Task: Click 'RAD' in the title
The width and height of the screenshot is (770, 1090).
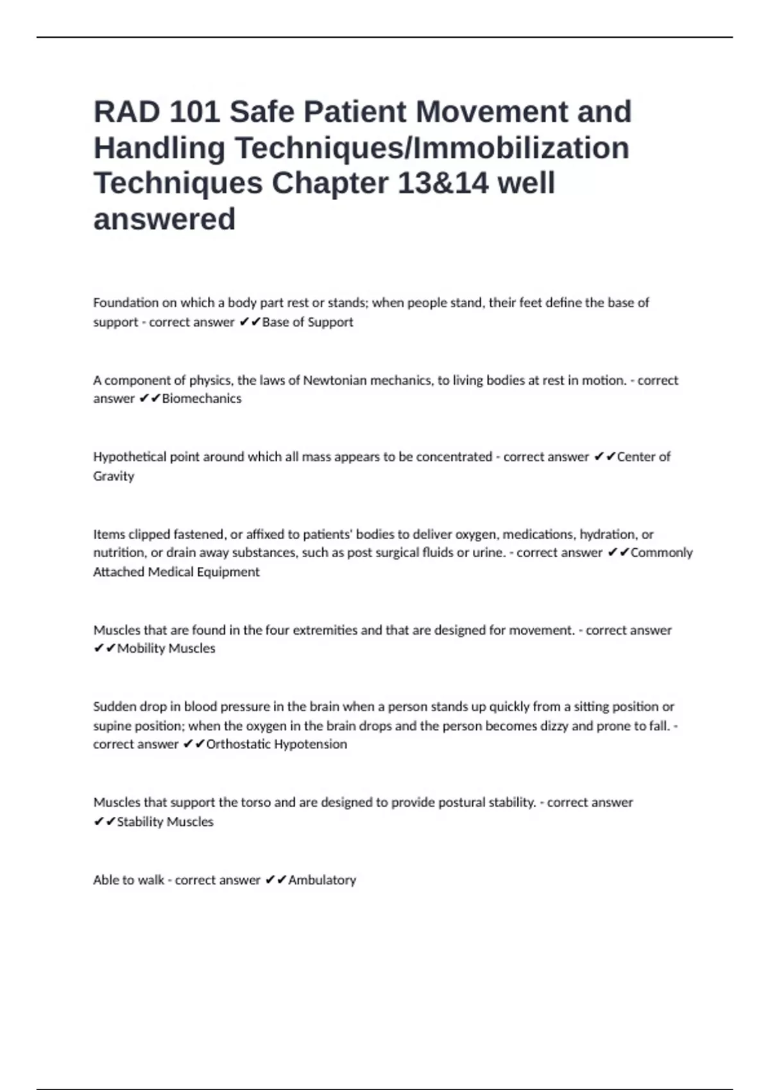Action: click(x=126, y=112)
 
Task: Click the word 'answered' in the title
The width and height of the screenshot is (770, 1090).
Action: click(x=164, y=219)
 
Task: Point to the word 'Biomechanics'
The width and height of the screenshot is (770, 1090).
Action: click(x=201, y=399)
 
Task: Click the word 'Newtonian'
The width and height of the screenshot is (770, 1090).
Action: click(x=334, y=380)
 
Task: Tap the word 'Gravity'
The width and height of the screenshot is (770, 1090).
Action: click(x=114, y=476)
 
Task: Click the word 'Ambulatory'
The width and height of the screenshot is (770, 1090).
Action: click(x=322, y=880)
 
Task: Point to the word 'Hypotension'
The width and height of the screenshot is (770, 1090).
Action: click(x=310, y=744)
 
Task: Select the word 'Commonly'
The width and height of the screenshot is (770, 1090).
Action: click(x=662, y=553)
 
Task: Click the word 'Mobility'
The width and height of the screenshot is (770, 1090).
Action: click(x=140, y=649)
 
